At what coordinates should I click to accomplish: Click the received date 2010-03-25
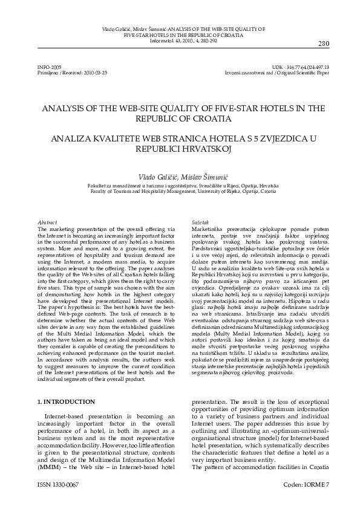pyautogui.click(x=95, y=73)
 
